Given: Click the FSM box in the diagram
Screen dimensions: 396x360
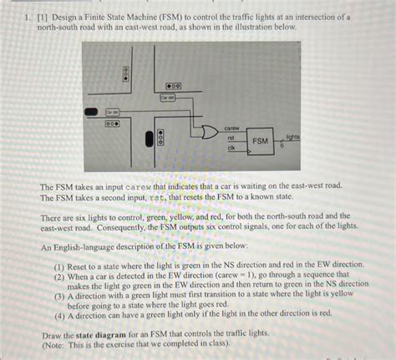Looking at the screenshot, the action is tap(261, 142).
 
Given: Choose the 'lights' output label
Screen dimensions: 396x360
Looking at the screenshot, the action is tap(293, 136).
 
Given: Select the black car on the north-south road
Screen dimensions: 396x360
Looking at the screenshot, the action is tap(149, 139).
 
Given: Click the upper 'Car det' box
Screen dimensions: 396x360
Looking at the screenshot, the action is tap(167, 99).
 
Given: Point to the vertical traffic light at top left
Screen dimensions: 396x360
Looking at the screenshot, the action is tap(126, 74).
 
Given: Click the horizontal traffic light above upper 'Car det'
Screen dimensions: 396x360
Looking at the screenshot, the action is tap(175, 86).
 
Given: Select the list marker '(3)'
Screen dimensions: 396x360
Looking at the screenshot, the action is tap(59, 295).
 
